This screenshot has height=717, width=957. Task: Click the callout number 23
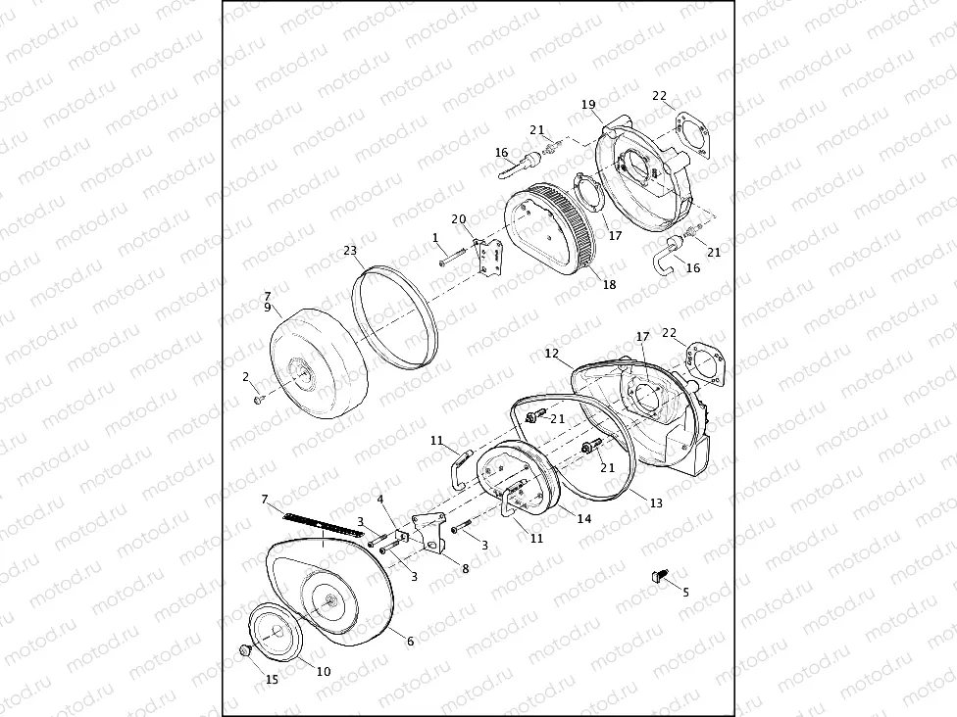click(x=350, y=251)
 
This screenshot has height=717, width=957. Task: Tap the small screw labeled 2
click(x=259, y=399)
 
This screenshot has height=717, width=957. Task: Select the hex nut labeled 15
click(x=245, y=650)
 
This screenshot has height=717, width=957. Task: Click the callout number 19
click(x=588, y=105)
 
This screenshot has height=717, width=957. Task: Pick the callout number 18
click(x=610, y=285)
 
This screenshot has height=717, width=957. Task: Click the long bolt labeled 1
click(x=453, y=259)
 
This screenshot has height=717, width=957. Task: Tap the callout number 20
click(x=458, y=219)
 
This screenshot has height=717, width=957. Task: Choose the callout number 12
click(x=552, y=353)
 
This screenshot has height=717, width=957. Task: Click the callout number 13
click(x=656, y=502)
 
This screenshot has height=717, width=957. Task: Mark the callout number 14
click(x=583, y=518)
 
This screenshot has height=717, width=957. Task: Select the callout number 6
click(x=410, y=641)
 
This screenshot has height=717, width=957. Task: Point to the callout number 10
click(x=324, y=671)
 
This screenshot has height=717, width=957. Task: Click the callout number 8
click(x=465, y=568)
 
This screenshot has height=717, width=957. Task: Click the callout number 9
click(x=267, y=307)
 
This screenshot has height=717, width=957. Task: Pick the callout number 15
click(x=273, y=679)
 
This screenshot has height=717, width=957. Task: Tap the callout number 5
click(x=685, y=592)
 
